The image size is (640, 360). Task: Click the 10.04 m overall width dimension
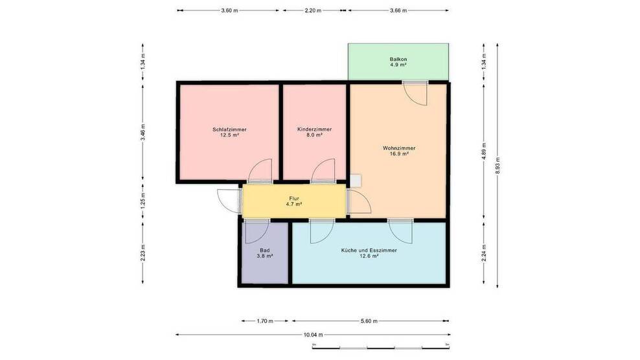coord(313,335)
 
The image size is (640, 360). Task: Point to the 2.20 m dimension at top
coord(313,10)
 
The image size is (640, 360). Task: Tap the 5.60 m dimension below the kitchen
coord(369,321)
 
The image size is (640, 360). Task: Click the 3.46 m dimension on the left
coord(143,139)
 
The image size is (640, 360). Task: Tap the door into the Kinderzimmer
coord(322,172)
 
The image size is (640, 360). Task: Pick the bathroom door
coord(256,231)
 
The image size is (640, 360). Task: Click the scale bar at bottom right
coord(380,345)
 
